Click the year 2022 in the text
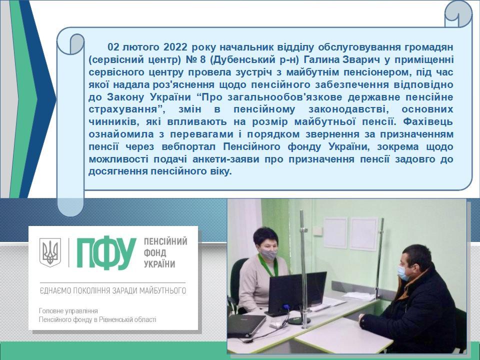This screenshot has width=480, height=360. pyautogui.click(x=175, y=47)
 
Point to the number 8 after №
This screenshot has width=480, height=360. pyautogui.click(x=202, y=59)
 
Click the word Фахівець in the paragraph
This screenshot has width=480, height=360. pyautogui.click(x=427, y=121)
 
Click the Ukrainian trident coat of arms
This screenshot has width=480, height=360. pyautogui.click(x=50, y=252)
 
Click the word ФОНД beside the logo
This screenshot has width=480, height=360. pyautogui.click(x=155, y=253)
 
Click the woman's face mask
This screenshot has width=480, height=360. pyautogui.click(x=268, y=254)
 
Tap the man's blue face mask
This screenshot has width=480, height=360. pyautogui.click(x=402, y=273)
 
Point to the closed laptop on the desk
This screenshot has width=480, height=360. pyautogui.click(x=246, y=325)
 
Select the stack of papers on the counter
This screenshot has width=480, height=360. pyautogui.click(x=359, y=295)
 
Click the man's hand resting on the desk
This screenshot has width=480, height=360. pyautogui.click(x=361, y=318)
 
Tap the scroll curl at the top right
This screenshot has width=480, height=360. pyautogui.click(x=458, y=14)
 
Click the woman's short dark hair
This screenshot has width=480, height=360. pyautogui.click(x=265, y=236)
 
